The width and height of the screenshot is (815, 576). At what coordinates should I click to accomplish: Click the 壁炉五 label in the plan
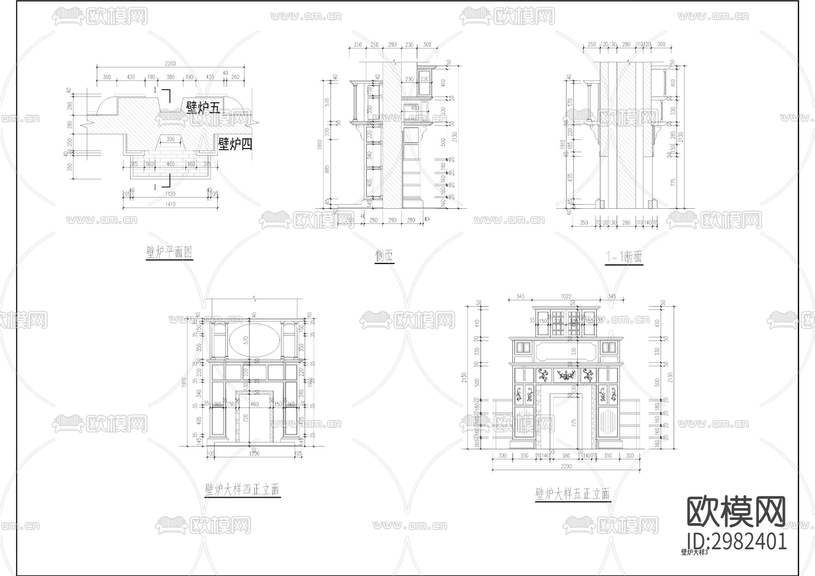tap(202, 107)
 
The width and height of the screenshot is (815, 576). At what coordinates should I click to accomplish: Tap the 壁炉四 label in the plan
tap(235, 144)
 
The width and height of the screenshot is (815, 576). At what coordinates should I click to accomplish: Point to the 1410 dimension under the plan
tap(170, 204)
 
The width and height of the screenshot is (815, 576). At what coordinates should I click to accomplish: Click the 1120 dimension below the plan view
tap(170, 194)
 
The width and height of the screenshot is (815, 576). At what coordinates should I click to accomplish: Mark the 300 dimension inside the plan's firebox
tap(170, 139)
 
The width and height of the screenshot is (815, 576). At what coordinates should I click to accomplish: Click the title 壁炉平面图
tap(169, 252)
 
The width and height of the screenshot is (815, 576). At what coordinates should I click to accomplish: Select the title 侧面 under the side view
tap(384, 257)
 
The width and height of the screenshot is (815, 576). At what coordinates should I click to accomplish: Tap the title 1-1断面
tap(624, 257)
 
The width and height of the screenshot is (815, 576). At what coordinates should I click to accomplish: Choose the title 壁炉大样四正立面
tap(242, 490)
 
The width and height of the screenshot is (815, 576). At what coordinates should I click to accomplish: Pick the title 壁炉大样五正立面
tap(572, 493)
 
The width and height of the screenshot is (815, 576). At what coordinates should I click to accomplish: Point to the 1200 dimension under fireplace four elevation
tap(254, 453)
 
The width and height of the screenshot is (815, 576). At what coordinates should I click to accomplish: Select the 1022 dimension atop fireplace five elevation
tap(566, 297)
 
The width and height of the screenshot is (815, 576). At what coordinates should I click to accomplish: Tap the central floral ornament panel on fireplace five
tap(566, 375)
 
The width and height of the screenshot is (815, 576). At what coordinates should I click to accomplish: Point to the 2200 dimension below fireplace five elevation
tap(566, 466)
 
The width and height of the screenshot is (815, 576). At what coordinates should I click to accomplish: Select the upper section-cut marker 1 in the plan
tap(155, 90)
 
